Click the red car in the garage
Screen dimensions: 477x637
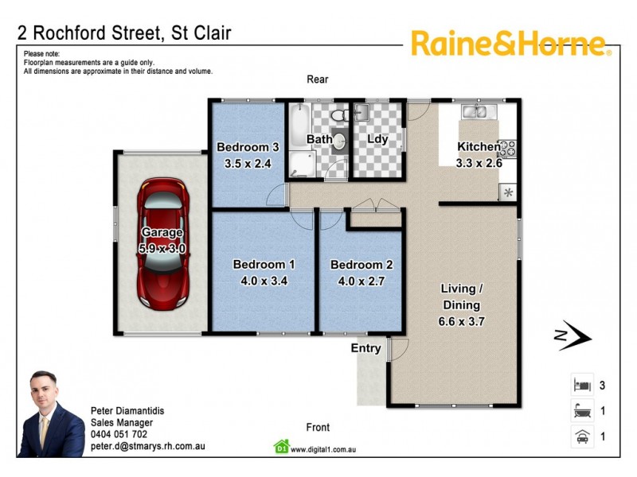click(x=163, y=244)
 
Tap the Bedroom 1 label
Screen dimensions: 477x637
click(x=264, y=265)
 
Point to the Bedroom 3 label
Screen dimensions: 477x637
click(x=248, y=146)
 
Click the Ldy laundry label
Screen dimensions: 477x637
click(x=377, y=139)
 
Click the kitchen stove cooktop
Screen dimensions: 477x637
click(x=509, y=147)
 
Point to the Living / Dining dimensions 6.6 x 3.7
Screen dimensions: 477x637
click(x=461, y=322)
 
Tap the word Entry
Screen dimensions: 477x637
click(x=366, y=348)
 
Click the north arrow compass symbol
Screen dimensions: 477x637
click(x=573, y=337)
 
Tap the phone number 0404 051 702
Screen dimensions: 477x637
click(x=119, y=434)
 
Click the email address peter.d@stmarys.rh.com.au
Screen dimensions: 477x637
click(x=148, y=446)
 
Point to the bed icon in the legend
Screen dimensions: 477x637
click(x=580, y=385)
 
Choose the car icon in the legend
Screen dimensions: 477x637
click(x=580, y=436)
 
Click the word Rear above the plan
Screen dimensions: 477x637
click(x=318, y=79)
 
